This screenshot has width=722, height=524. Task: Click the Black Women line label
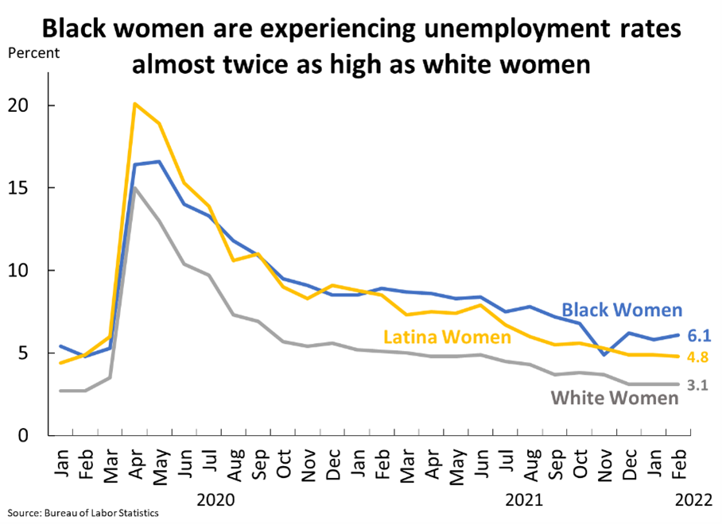click(622, 310)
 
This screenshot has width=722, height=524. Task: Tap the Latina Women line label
click(447, 337)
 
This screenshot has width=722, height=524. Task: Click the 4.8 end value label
click(698, 357)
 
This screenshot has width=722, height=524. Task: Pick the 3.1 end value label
click(698, 386)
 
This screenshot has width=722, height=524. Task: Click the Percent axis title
click(33, 54)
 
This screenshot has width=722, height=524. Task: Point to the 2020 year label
click(215, 501)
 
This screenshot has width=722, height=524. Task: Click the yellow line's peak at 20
click(135, 104)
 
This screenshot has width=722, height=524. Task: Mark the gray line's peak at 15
click(135, 187)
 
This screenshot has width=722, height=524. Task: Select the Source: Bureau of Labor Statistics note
click(84, 513)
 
